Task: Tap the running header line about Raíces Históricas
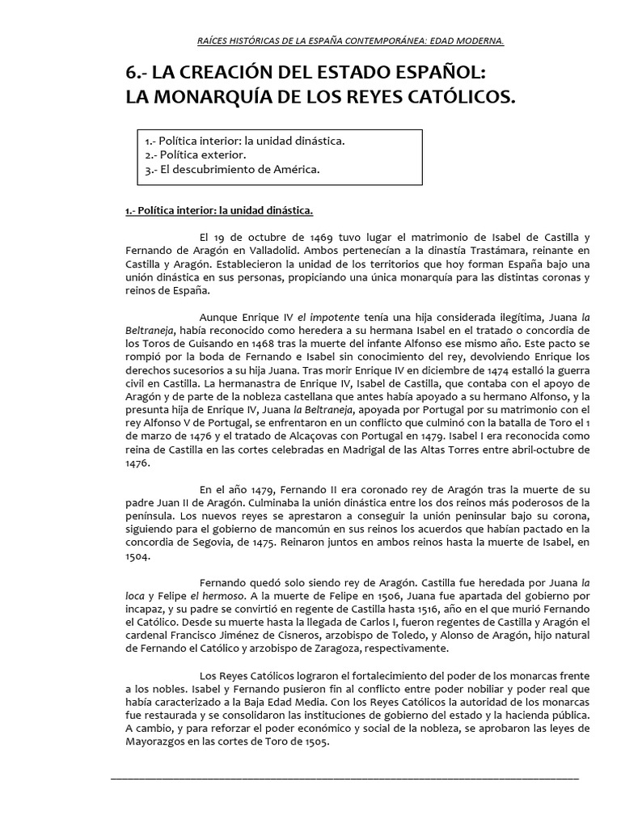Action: pyautogui.click(x=351, y=40)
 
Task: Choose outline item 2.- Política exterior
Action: pyautogui.click(x=190, y=154)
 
